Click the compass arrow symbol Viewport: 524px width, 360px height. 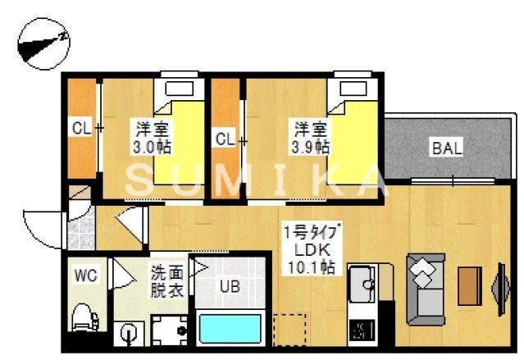(43, 44)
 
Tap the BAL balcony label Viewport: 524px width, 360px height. (448, 148)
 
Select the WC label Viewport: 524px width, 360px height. (86, 276)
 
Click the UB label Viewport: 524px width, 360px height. (229, 286)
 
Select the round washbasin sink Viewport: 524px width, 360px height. (129, 332)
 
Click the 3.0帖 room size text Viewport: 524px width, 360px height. (152, 148)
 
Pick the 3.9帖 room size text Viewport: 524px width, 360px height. (312, 148)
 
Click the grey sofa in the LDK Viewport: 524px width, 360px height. (425, 288)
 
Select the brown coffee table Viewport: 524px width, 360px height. (469, 286)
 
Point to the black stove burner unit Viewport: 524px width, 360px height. (362, 330)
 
